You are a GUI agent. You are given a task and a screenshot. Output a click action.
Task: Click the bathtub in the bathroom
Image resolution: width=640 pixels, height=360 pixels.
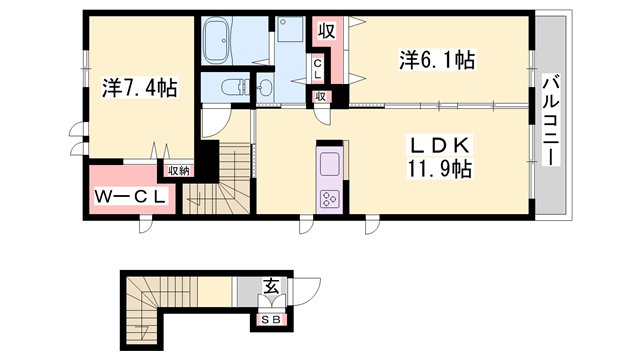(217, 41)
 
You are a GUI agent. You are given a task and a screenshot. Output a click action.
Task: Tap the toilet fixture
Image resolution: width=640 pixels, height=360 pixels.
(234, 87)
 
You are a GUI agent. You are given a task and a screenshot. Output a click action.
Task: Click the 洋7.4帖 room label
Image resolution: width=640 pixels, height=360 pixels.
(140, 88)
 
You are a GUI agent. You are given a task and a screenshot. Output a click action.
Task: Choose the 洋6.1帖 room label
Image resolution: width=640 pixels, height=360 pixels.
(437, 60)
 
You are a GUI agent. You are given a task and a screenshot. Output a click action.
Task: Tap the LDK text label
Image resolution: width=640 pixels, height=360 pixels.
(440, 145)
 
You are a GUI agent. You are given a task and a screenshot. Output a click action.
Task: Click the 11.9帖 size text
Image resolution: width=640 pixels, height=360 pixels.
(439, 169)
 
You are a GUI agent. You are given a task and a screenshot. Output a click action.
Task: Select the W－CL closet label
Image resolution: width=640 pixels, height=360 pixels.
(131, 197)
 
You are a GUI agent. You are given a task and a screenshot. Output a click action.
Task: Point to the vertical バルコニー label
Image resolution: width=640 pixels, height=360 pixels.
(551, 120)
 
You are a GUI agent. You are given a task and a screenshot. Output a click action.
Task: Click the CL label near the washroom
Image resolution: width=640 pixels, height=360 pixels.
(318, 69)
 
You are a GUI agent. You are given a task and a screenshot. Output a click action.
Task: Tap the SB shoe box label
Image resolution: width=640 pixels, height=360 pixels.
(271, 320)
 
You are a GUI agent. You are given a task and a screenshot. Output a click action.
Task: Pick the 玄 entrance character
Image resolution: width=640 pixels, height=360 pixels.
(271, 286)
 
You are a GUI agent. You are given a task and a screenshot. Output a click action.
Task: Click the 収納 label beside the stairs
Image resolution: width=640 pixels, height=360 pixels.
(179, 171)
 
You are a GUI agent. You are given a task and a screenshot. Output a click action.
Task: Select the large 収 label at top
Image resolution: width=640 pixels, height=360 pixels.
(327, 31)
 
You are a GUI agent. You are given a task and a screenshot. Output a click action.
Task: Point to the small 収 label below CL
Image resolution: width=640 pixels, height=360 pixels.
(320, 97)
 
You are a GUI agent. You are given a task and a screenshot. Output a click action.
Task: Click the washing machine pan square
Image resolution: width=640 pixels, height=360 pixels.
(290, 29)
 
